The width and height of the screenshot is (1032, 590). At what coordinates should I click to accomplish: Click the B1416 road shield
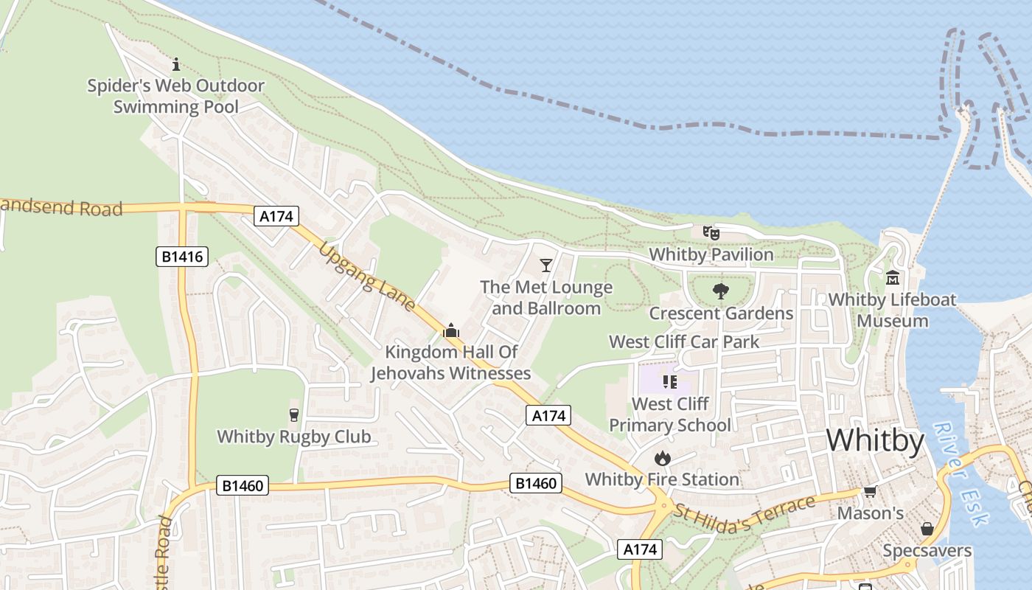click(x=182, y=257)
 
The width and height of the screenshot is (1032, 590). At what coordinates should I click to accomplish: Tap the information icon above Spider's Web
click(x=175, y=64)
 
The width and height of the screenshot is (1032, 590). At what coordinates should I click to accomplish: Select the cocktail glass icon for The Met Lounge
click(x=546, y=265)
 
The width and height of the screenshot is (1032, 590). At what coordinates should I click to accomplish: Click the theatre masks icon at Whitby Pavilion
click(x=711, y=233)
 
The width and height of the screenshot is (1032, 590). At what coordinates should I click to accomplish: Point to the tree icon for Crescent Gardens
click(x=721, y=291)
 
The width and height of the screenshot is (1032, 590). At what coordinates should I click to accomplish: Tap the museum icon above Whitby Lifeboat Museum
click(x=893, y=278)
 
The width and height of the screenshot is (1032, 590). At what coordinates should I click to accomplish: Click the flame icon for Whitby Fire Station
click(x=662, y=459)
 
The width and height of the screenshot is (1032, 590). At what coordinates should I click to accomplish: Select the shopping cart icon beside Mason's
click(x=870, y=492)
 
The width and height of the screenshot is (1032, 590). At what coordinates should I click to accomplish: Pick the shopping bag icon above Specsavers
click(x=927, y=529)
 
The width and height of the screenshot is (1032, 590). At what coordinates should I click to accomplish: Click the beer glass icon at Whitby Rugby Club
click(x=294, y=415)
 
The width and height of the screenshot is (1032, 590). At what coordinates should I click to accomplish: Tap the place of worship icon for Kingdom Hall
click(x=450, y=330)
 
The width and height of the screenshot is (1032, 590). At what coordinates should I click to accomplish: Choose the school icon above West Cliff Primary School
click(x=669, y=381)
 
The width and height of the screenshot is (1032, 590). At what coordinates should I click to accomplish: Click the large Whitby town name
click(x=875, y=440)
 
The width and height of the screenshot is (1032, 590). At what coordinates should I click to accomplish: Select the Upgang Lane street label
click(x=367, y=277)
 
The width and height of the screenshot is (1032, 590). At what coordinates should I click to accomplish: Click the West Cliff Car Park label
click(x=683, y=342)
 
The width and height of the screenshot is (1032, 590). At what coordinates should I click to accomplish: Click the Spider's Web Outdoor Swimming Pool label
click(x=175, y=96)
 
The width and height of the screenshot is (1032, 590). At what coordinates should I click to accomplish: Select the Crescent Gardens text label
click(x=721, y=313)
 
